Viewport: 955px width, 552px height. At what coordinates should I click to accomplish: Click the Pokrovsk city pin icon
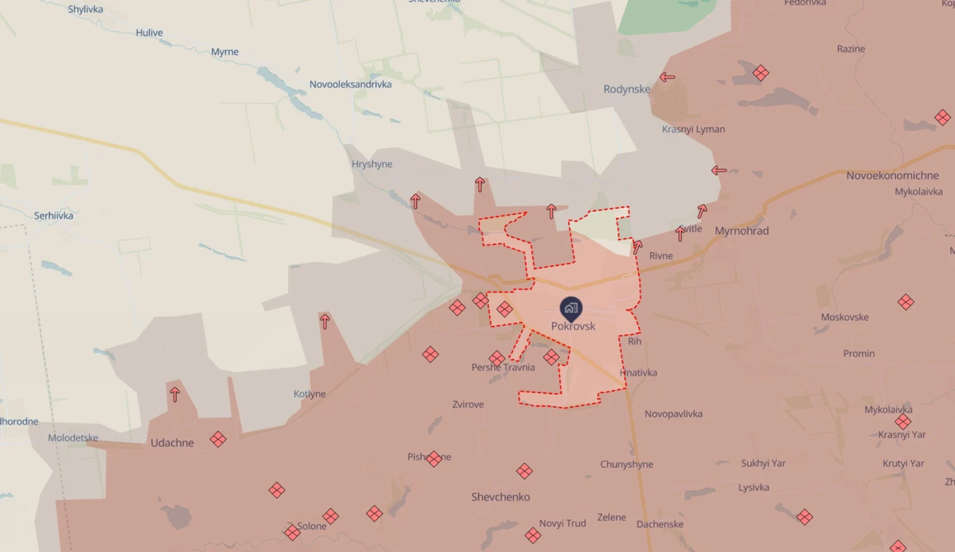click(x=570, y=308)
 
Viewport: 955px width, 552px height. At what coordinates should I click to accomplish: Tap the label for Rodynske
click(x=626, y=89)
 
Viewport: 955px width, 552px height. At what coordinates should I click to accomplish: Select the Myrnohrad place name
click(x=742, y=231)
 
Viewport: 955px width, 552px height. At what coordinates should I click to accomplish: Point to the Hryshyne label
click(x=372, y=165)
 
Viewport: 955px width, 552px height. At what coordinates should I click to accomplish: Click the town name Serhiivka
click(x=54, y=216)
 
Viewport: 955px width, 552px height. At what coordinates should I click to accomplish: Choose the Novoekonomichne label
click(x=892, y=175)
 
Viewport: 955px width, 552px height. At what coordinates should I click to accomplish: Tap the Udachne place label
click(x=172, y=443)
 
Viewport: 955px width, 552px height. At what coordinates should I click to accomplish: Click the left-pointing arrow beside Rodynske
click(x=667, y=78)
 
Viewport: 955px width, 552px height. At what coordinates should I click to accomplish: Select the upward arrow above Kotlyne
click(x=325, y=321)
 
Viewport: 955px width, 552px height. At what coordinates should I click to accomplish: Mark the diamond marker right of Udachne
click(x=217, y=439)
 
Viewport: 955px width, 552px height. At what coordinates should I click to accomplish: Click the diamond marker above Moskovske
click(x=906, y=302)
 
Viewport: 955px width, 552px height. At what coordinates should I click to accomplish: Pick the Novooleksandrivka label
click(x=350, y=84)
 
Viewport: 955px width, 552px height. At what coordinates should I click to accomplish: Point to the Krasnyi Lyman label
click(x=693, y=130)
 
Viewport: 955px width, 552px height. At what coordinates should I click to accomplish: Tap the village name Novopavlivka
click(x=673, y=414)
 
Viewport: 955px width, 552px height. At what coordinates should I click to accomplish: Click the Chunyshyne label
click(x=626, y=465)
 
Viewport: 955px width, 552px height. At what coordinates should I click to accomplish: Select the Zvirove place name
click(x=468, y=405)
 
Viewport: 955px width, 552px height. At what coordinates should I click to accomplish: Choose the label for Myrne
click(x=224, y=52)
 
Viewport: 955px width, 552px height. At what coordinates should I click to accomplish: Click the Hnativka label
click(x=638, y=373)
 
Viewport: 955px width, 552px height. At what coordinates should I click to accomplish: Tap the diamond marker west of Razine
click(x=761, y=73)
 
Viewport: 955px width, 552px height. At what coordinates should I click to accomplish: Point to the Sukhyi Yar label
click(x=763, y=463)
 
